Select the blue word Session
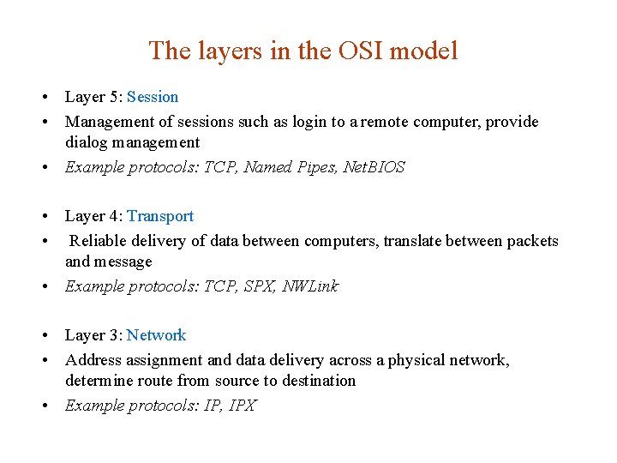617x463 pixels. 153,97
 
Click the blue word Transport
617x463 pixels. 160,216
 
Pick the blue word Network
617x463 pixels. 156,335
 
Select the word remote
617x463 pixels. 382,122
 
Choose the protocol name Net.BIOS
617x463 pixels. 374,167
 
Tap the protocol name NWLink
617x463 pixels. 310,286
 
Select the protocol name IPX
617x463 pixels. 243,406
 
